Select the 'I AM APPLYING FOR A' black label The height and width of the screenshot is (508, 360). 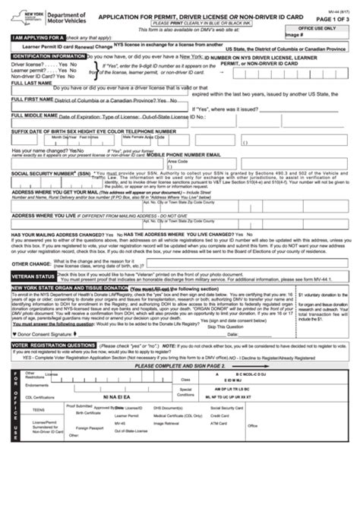[x=34, y=36]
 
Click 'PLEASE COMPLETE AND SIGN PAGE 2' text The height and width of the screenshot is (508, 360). [x=180, y=365]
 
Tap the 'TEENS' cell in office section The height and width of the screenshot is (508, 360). [x=38, y=409]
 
